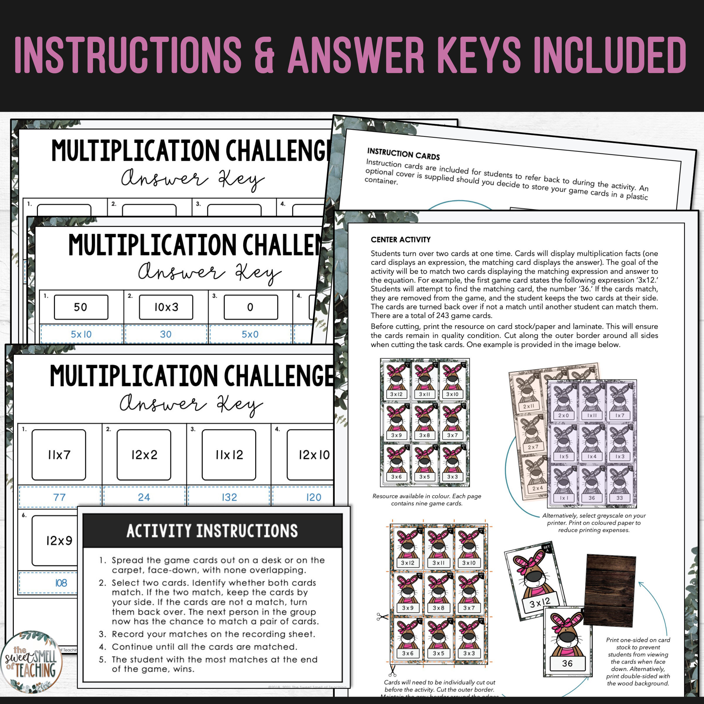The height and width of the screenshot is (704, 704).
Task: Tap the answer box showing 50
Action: (x=81, y=307)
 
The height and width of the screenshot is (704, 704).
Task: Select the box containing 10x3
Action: (x=166, y=307)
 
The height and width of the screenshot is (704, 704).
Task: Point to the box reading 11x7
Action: (x=59, y=454)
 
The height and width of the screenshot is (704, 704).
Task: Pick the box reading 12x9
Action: (x=58, y=540)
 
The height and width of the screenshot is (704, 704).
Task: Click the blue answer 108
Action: (x=61, y=583)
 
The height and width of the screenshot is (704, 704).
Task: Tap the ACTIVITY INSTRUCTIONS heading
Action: (x=212, y=531)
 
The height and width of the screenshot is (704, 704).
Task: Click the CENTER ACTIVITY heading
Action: (x=400, y=239)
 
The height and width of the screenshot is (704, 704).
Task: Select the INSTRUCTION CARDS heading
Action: (x=403, y=153)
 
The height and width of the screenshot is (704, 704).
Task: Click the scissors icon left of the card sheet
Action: (x=382, y=617)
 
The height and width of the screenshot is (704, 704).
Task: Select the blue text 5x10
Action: (x=81, y=334)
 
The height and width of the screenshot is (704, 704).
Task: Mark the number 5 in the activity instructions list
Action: (x=102, y=659)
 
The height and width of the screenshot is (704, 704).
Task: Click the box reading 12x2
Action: (x=144, y=454)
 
